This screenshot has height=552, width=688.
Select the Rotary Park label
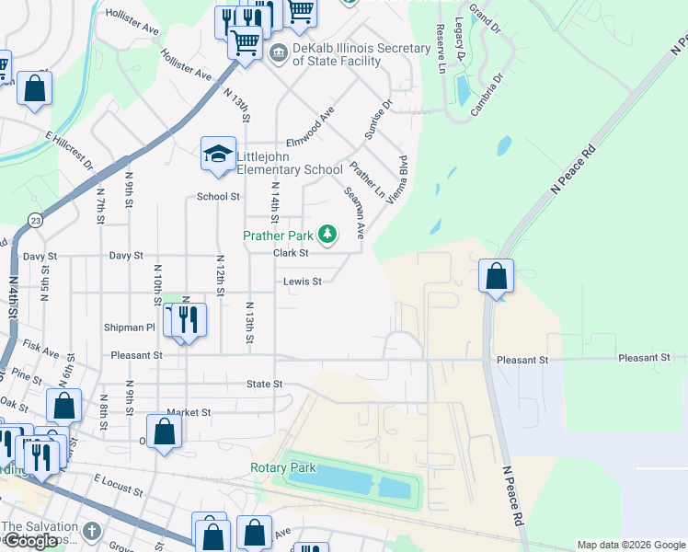click(x=283, y=467)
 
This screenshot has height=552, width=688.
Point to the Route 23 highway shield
click(x=35, y=220)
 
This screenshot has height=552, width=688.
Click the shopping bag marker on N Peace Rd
click(x=496, y=276)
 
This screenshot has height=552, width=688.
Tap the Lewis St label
click(x=302, y=282)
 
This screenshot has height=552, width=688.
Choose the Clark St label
click(x=290, y=253)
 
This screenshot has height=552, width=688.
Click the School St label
click(x=218, y=197)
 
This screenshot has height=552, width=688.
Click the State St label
click(x=263, y=384)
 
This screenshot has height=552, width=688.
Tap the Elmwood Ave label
click(x=309, y=125)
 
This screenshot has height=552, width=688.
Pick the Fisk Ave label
click(x=41, y=351)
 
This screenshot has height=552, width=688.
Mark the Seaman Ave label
click(x=354, y=213)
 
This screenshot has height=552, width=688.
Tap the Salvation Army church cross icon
click(x=90, y=531)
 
